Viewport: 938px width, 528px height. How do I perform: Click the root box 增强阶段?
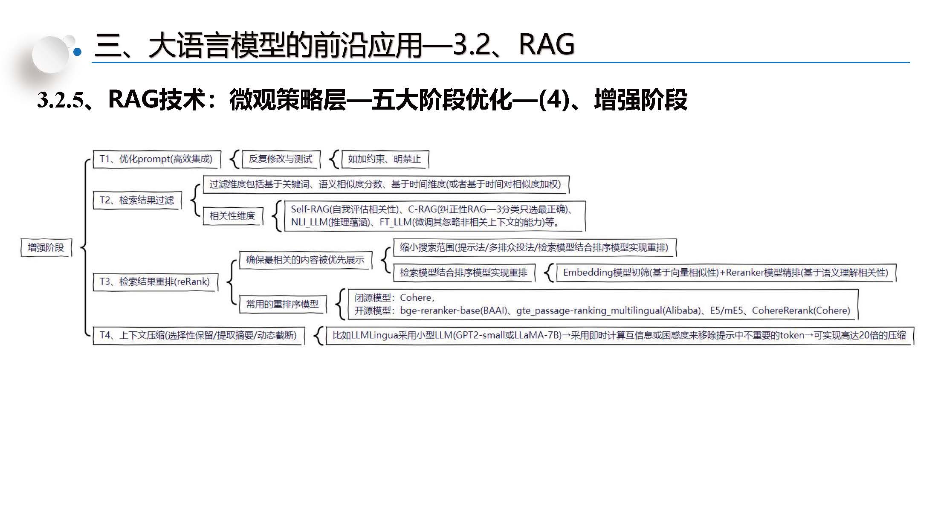coord(46,248)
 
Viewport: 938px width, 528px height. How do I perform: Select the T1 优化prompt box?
coord(156,159)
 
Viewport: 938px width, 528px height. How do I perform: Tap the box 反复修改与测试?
coord(281,159)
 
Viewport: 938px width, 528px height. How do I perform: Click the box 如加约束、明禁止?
coord(384,159)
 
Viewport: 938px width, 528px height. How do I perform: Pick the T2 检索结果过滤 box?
coord(137,200)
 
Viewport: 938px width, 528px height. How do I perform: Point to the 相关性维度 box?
coord(232,216)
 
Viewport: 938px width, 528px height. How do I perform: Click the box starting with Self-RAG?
coord(434,216)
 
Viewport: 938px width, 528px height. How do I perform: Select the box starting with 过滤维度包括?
coord(385,184)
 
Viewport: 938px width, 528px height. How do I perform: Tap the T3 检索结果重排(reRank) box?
coord(155,282)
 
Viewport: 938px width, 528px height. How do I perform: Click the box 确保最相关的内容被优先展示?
coord(305,260)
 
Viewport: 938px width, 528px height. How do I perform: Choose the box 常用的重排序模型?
coord(283,304)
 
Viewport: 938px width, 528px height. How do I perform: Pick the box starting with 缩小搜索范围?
coord(534,247)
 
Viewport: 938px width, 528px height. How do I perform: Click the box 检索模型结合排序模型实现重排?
coord(463,273)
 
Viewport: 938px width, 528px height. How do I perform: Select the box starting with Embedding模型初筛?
coord(726,273)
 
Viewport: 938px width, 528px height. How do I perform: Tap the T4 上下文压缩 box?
coord(198,335)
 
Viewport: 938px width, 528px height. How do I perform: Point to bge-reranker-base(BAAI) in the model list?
coord(453,310)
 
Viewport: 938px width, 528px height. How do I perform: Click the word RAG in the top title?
coord(547,44)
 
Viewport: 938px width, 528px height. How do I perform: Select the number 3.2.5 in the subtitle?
coord(60,100)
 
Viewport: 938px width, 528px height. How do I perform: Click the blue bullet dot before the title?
coord(78,52)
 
